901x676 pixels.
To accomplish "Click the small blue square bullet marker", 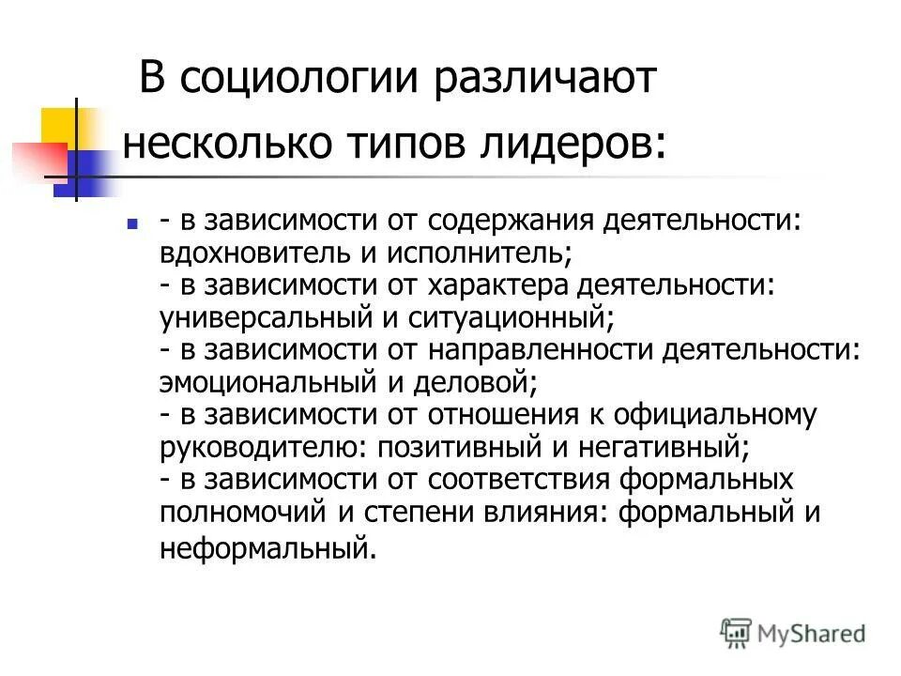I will [x=131, y=224].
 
